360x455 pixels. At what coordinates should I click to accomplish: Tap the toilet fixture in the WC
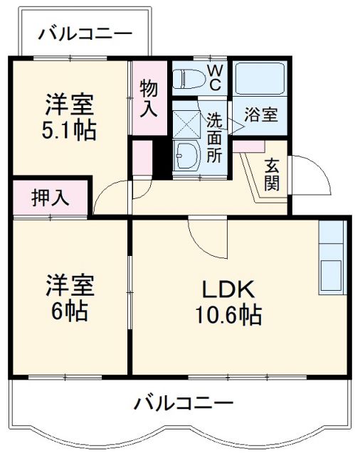(189, 77)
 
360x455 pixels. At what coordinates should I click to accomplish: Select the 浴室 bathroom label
(261, 114)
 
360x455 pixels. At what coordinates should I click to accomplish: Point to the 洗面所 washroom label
(214, 137)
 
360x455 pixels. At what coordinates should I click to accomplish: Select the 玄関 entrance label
(272, 175)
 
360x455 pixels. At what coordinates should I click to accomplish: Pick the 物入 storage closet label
(148, 98)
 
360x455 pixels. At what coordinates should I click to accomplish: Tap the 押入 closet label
(51, 198)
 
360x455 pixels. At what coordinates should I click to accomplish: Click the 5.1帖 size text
(68, 131)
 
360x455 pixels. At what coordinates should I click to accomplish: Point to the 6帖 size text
(68, 311)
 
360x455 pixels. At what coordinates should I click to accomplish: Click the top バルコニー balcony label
(85, 32)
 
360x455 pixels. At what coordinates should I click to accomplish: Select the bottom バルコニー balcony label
(184, 404)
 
